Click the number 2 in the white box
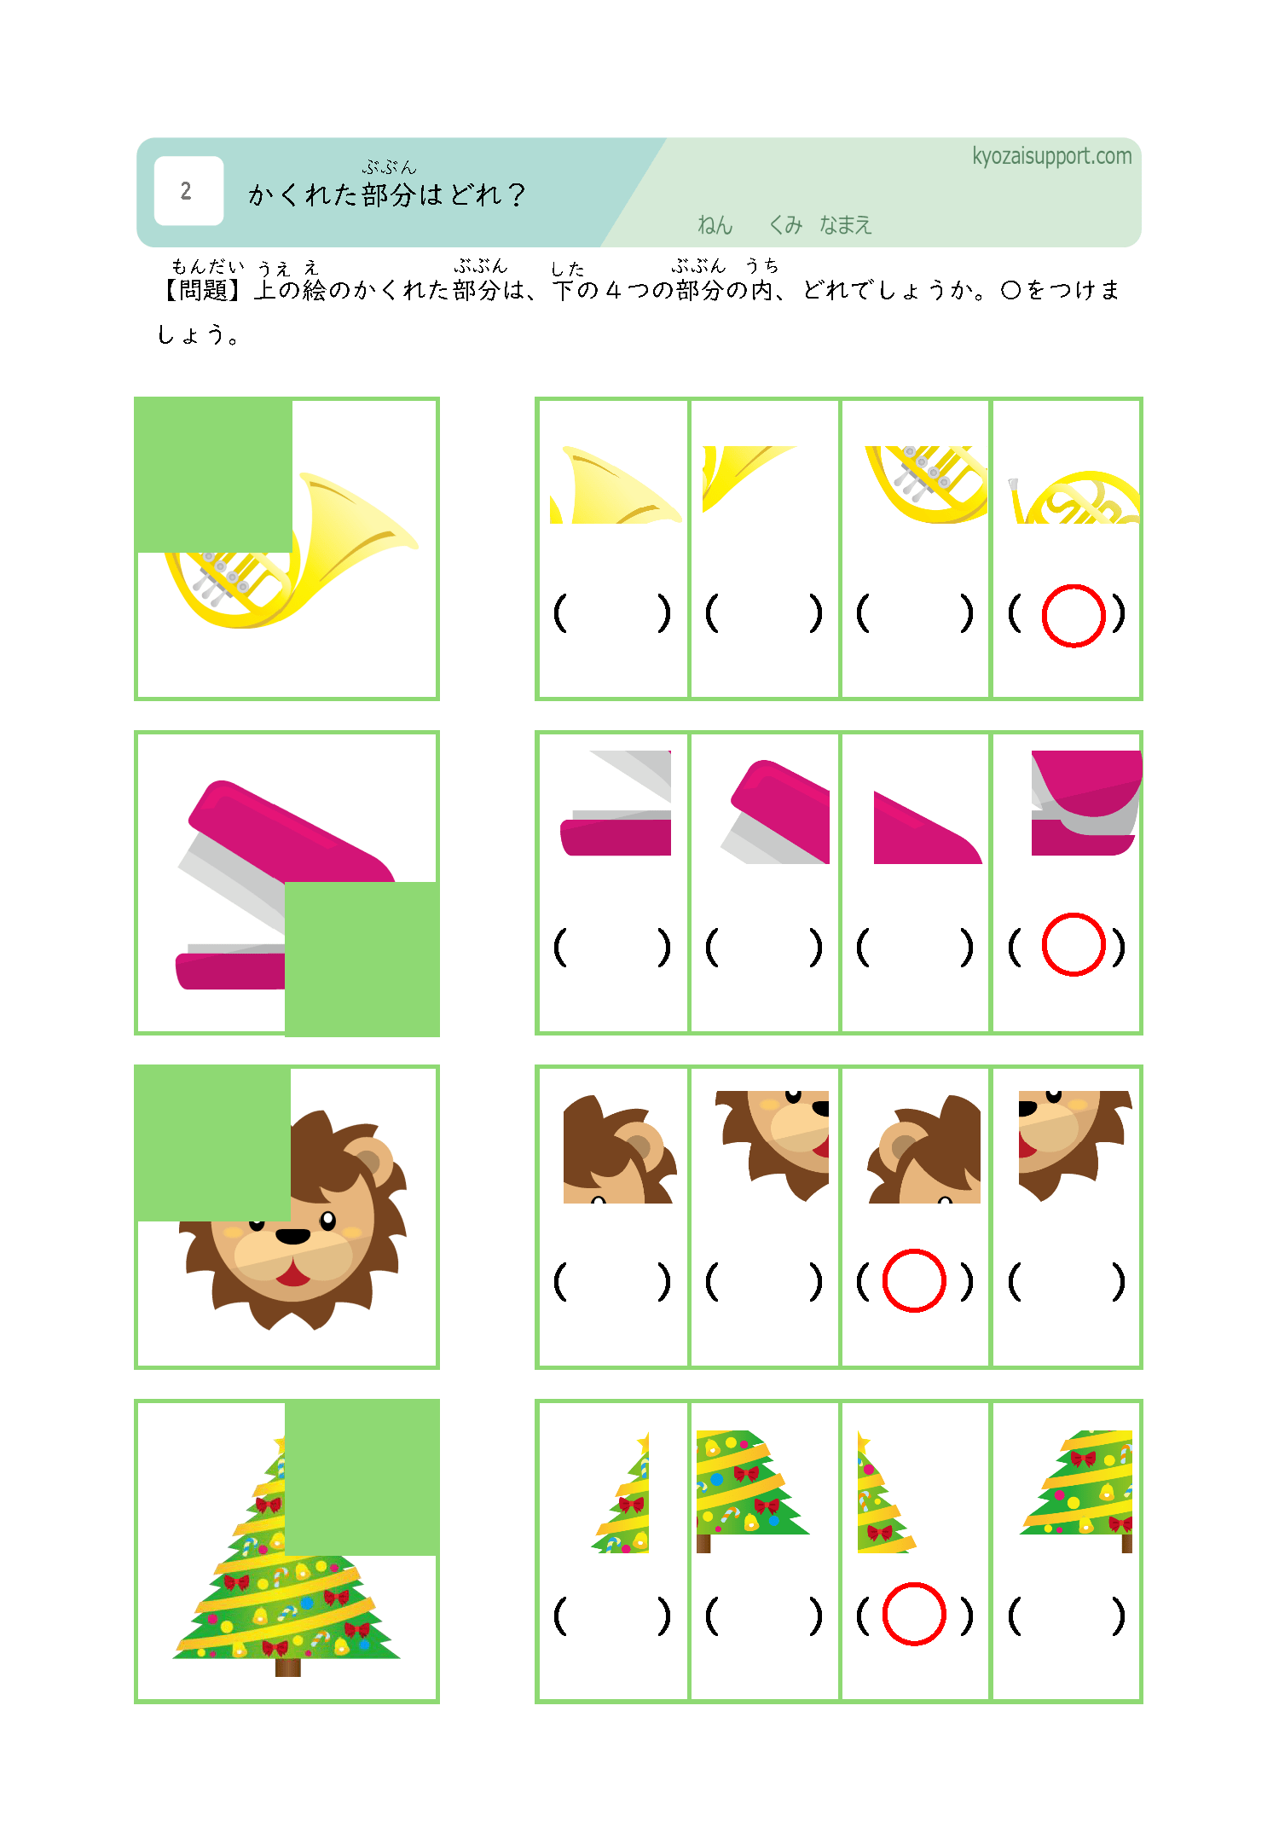[186, 191]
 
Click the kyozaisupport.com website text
[1052, 157]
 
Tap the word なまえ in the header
[846, 225]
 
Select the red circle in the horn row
[1074, 616]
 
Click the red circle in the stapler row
[1074, 944]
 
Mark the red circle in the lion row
[914, 1280]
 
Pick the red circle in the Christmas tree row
[914, 1614]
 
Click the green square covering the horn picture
[213, 475]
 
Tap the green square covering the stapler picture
[362, 959]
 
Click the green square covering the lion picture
[212, 1143]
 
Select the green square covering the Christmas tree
[362, 1477]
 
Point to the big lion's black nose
[292, 1236]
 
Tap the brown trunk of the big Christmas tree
[288, 1668]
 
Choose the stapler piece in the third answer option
[928, 828]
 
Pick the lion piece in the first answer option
[620, 1149]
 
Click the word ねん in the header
[715, 225]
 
